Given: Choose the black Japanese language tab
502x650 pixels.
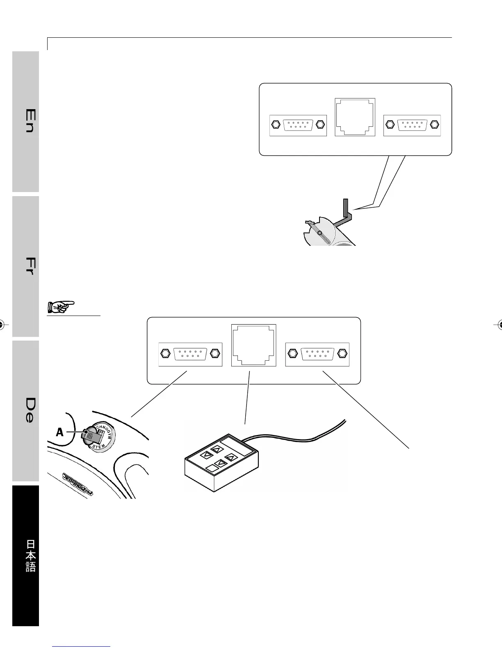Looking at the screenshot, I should point(26,556).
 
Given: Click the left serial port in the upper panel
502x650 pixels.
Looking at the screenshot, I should point(298,125).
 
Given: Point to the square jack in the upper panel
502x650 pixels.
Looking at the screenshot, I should point(355,117).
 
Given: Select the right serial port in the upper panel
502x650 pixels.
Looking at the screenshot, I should point(412,125).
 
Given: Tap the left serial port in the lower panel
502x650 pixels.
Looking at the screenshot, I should point(190,354).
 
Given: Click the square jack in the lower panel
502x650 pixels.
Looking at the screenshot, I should point(254,345).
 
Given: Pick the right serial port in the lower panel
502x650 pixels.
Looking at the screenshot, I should point(317,354).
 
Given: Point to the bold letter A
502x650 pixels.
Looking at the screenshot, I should point(60,432).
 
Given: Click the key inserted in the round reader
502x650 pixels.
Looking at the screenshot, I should point(89,436).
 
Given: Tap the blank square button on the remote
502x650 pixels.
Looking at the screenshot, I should point(212,468).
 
